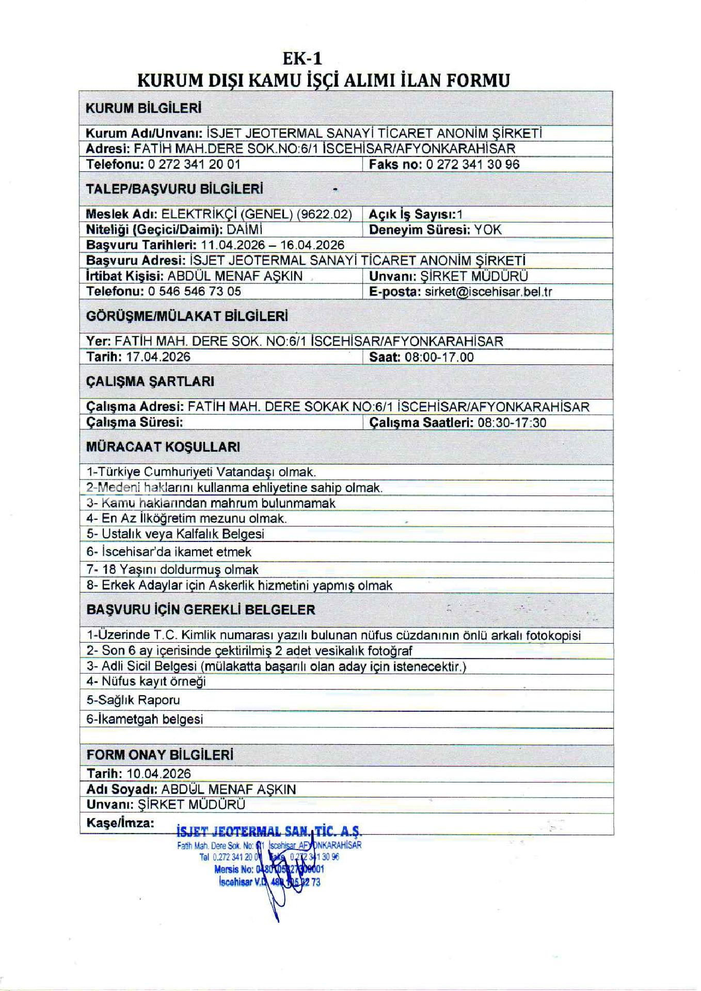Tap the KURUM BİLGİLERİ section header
pos(144,108)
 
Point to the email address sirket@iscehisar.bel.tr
pos(488,292)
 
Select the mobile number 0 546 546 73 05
pos(195,291)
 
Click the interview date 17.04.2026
pos(158,357)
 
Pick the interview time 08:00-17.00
pos(439,357)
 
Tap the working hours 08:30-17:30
pos(512,423)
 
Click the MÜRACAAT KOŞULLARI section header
pos(163,447)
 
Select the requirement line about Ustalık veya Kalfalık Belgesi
pos(176,534)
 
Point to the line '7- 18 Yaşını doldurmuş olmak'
pos(172,570)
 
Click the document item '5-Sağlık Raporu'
pos(133,700)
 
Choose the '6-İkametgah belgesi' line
pos(145,719)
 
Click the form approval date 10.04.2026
pos(159,774)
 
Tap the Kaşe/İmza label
pos(120,823)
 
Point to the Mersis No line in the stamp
pos(269,869)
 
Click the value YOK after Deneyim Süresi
pos(488,230)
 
